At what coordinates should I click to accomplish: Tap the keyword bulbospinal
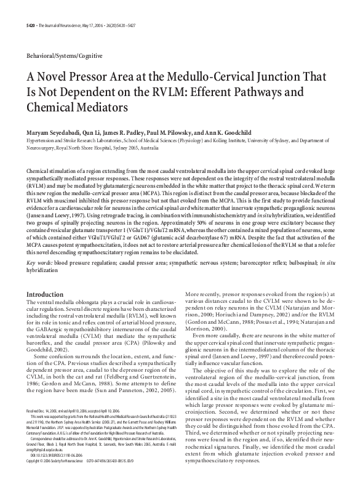(x=305, y=262)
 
